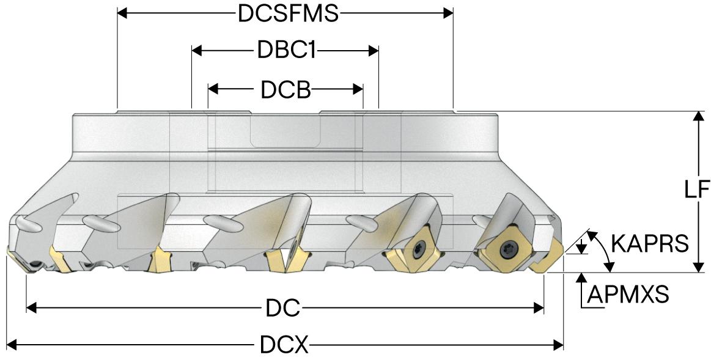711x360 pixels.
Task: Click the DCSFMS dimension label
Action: click(288, 13)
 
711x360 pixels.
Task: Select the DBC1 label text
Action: click(286, 51)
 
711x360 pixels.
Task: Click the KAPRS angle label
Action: click(650, 244)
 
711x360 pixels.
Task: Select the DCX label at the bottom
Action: click(284, 347)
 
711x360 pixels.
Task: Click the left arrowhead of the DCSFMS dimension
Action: click(122, 13)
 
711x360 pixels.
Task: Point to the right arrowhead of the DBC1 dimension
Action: click(374, 51)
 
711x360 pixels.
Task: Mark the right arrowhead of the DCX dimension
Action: click(559, 347)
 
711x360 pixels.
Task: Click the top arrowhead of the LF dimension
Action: click(696, 117)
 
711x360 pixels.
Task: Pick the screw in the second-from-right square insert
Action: click(418, 248)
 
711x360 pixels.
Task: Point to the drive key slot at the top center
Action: click(285, 130)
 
